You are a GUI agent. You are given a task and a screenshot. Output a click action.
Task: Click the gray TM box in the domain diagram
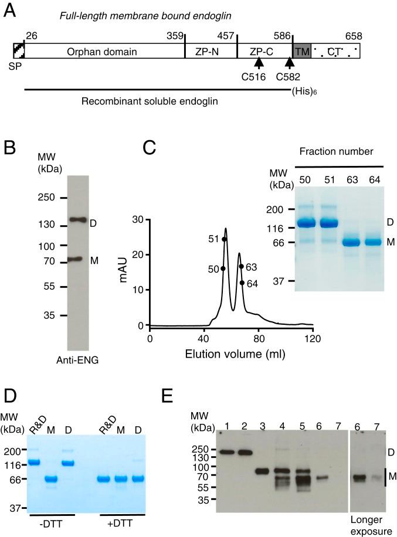pos(301,52)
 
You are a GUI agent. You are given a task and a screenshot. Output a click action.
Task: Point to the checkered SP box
pos(19,51)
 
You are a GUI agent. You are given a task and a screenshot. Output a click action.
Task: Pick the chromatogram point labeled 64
pos(242,283)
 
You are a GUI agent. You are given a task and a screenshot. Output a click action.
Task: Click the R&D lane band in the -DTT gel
pos(35,462)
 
